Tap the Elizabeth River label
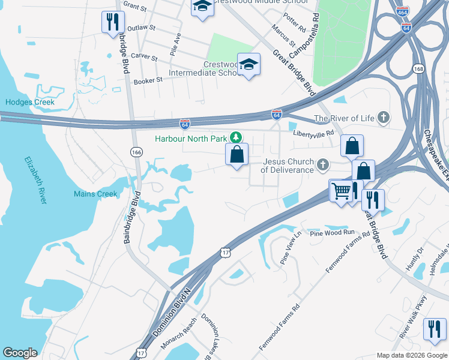(36, 180)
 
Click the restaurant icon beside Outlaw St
(112, 22)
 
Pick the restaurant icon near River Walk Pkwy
(434, 329)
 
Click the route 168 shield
(418, 69)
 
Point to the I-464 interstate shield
(403, 11)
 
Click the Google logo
(20, 353)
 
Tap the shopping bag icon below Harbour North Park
(237, 154)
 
